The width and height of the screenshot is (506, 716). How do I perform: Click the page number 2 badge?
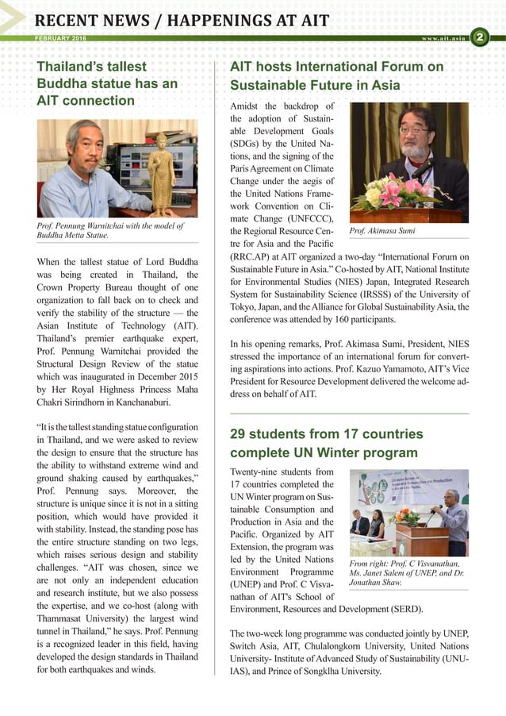point(480,37)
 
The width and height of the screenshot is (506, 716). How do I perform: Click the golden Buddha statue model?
point(162,172)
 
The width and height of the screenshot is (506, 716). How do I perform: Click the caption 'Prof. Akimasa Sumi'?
point(382,231)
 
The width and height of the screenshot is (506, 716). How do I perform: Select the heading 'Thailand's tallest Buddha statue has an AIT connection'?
point(107,83)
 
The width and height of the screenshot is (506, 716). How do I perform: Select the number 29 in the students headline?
point(240,433)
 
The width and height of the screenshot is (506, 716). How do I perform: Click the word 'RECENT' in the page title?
point(69,20)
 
